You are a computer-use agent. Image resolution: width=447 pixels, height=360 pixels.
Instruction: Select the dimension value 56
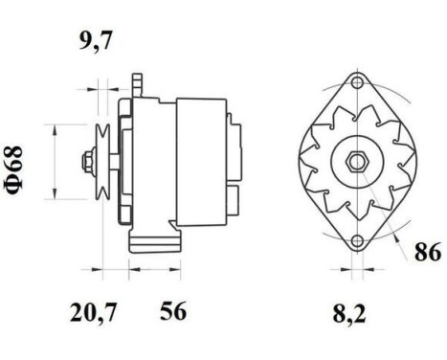[x=172, y=311]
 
